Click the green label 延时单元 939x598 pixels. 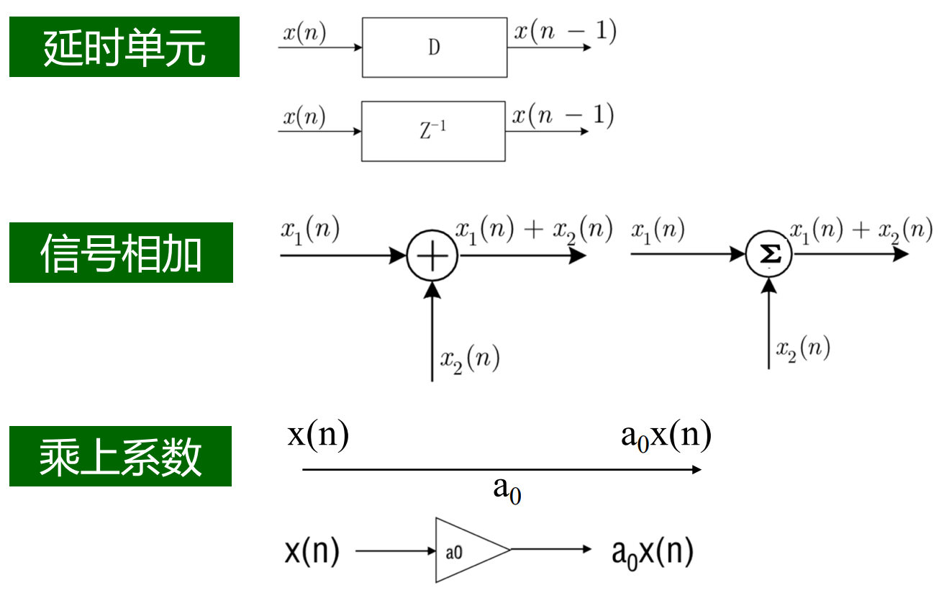(124, 47)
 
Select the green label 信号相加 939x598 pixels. (121, 253)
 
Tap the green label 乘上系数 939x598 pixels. (120, 456)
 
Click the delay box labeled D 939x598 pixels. (434, 47)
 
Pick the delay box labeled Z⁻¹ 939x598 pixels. (433, 132)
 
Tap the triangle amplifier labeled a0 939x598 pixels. (466, 551)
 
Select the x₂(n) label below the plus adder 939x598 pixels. (469, 358)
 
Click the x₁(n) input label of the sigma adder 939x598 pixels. (658, 231)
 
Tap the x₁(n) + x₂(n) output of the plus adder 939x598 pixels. (533, 230)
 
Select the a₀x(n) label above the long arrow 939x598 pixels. (666, 436)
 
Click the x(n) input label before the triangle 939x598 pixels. (312, 552)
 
